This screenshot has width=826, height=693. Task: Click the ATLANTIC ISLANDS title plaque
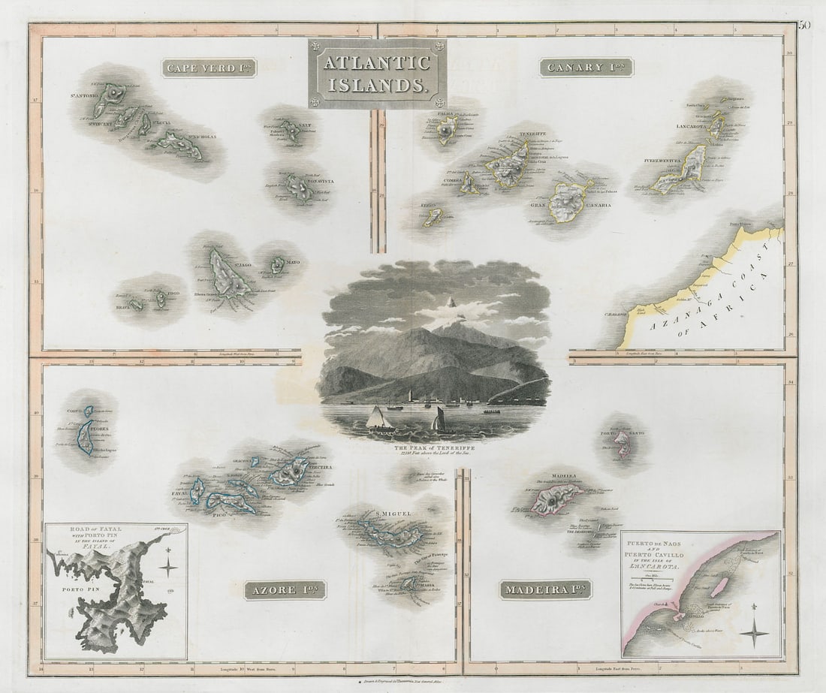377,74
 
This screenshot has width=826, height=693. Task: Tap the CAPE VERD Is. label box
209,68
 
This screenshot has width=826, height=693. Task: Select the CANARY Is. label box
586,68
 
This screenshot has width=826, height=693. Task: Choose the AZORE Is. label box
285,589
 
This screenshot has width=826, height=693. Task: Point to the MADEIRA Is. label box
545,589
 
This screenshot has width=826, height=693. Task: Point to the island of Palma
448,130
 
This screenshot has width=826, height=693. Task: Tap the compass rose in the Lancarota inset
753,632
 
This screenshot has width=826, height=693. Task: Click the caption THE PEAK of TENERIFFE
434,446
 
